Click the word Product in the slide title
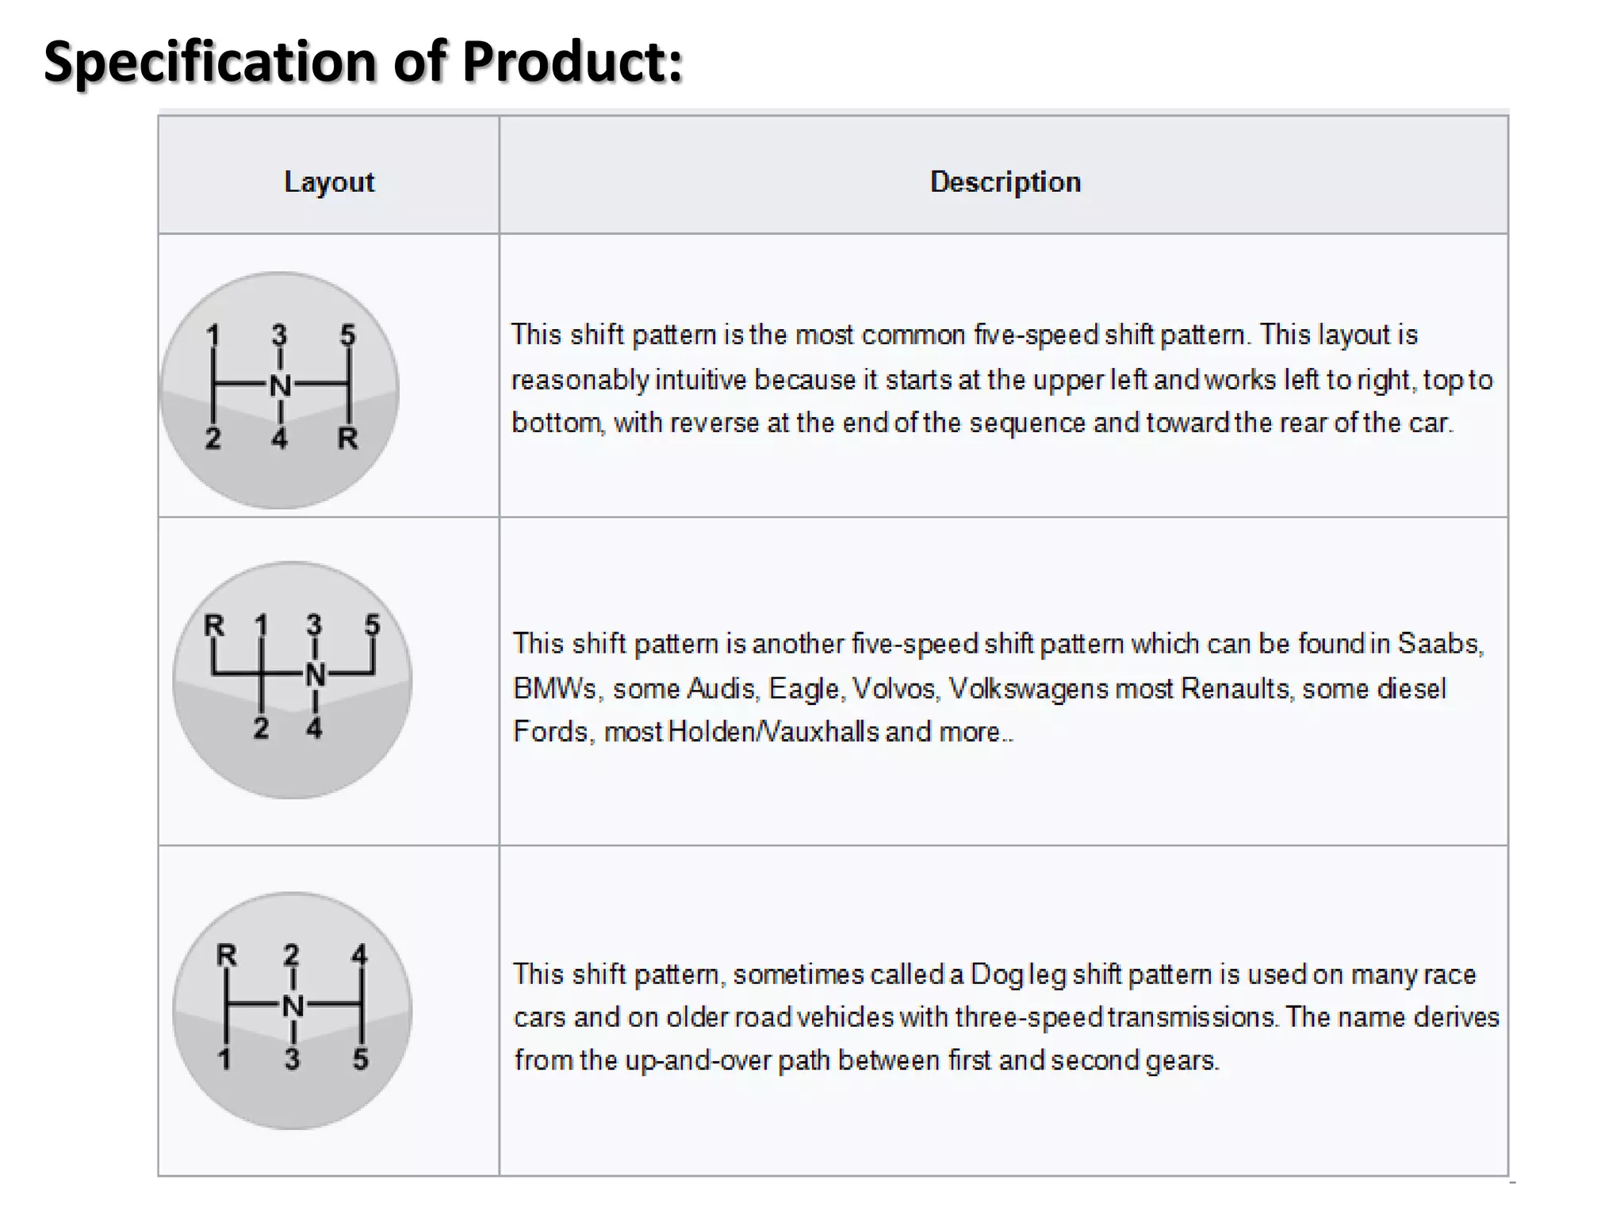[572, 62]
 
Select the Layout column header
[329, 182]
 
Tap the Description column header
[1005, 182]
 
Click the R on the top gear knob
[347, 438]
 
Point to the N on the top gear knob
[280, 386]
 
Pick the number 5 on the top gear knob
[347, 335]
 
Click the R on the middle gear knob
[214, 626]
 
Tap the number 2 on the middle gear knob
[261, 728]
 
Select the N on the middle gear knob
[315, 676]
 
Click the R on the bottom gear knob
[227, 955]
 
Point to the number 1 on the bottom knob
[225, 1059]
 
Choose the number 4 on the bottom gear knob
[360, 954]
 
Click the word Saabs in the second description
[1439, 643]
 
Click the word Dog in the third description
[997, 975]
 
